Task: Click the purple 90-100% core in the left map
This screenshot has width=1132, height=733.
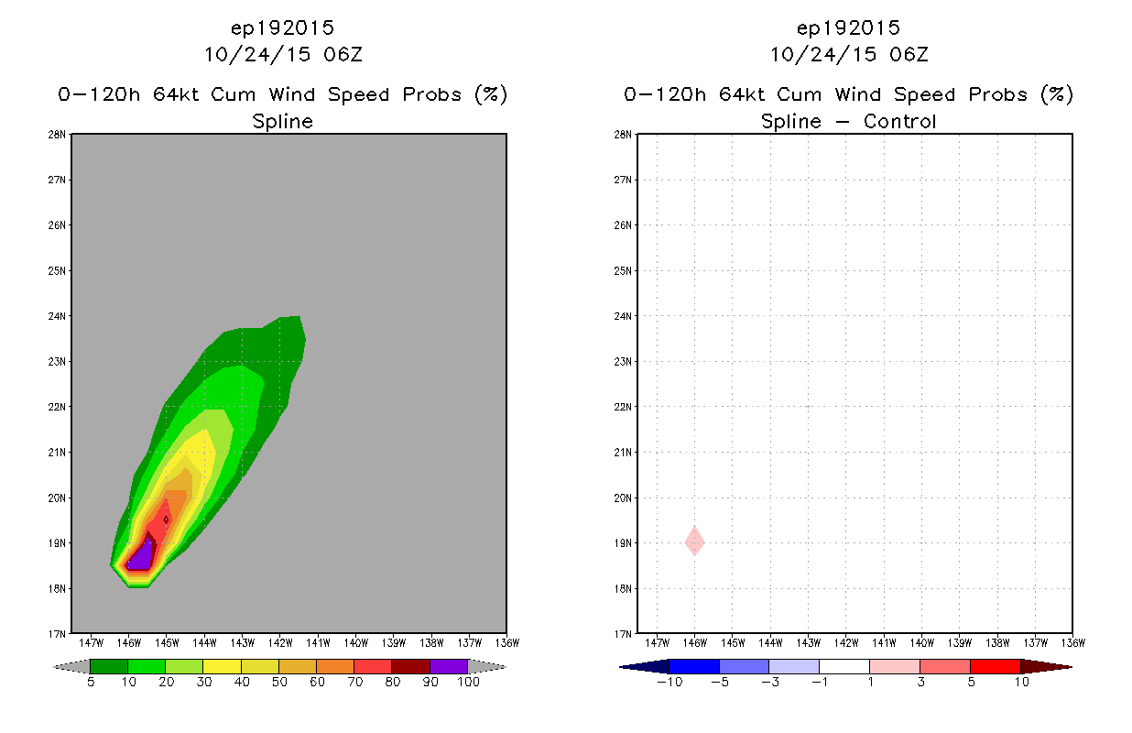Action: pos(140,557)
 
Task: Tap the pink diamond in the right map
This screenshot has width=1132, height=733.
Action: pos(694,542)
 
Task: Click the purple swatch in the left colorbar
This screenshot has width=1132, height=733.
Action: pos(449,666)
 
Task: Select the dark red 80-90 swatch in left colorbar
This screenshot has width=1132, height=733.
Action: pos(411,666)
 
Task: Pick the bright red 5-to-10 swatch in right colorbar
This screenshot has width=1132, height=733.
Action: pos(996,666)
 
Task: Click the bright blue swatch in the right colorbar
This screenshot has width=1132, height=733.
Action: pos(694,666)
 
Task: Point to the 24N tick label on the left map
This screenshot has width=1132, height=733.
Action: pos(57,316)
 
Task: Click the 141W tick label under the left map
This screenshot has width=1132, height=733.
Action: pos(318,643)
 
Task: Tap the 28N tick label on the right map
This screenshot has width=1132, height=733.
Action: pos(623,135)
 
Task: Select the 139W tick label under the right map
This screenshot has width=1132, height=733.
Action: pos(959,643)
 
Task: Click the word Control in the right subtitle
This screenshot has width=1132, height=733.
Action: pos(899,122)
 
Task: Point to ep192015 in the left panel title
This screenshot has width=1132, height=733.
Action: pos(282,28)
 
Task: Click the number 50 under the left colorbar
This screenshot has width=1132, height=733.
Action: pos(279,683)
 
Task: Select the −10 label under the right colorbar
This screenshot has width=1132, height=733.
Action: pos(669,683)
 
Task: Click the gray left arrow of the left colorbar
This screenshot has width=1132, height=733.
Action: pos(71,666)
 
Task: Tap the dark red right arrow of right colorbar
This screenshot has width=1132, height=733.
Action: pos(1046,666)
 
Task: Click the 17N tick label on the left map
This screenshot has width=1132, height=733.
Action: pos(57,634)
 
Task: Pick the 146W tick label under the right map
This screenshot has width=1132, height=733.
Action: pos(694,643)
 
